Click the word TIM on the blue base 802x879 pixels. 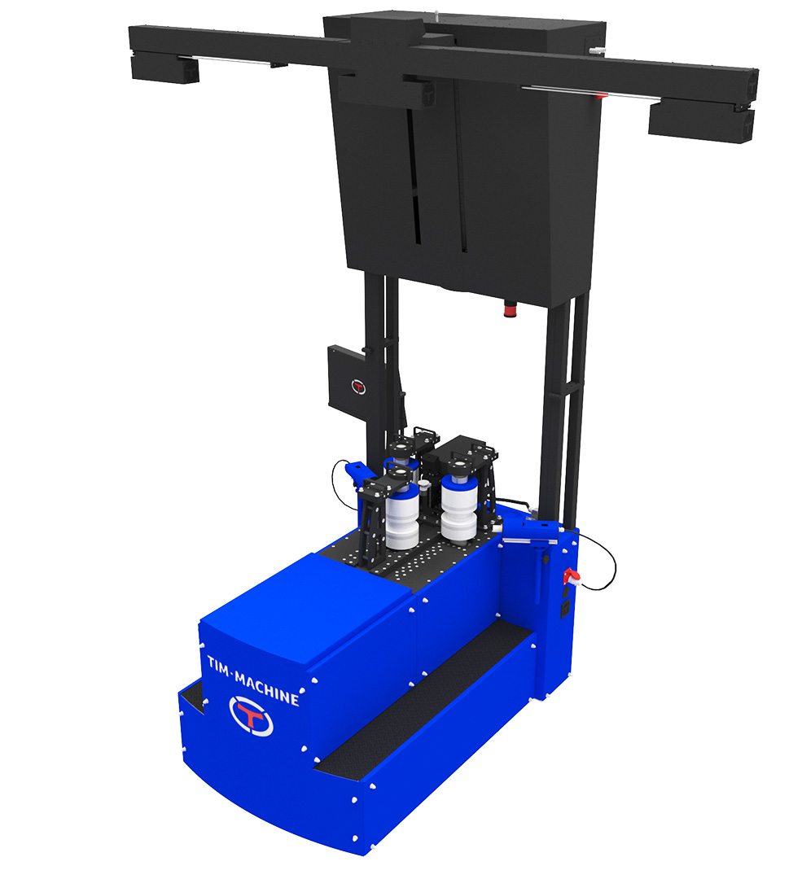(x=218, y=666)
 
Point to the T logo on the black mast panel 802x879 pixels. (x=358, y=387)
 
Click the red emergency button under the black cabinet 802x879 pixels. (x=511, y=308)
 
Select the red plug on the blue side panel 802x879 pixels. (x=571, y=576)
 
